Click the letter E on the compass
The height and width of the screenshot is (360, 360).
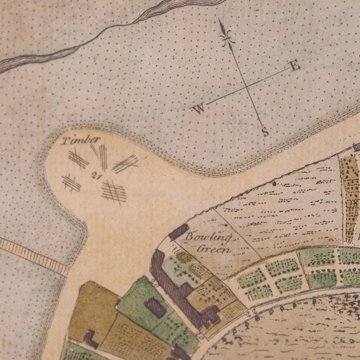pos(294,66)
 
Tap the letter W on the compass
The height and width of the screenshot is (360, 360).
pos(199,109)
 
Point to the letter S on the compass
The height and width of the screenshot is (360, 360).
pos(265,132)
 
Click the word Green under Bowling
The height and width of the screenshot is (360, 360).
pos(217,249)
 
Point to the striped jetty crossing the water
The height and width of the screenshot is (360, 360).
pos(34,256)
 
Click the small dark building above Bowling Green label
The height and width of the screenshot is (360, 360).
pos(179,230)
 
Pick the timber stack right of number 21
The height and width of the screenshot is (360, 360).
pos(125,164)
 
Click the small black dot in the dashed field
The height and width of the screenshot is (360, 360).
pos(274,183)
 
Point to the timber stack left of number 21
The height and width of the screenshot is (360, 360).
pos(71,183)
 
